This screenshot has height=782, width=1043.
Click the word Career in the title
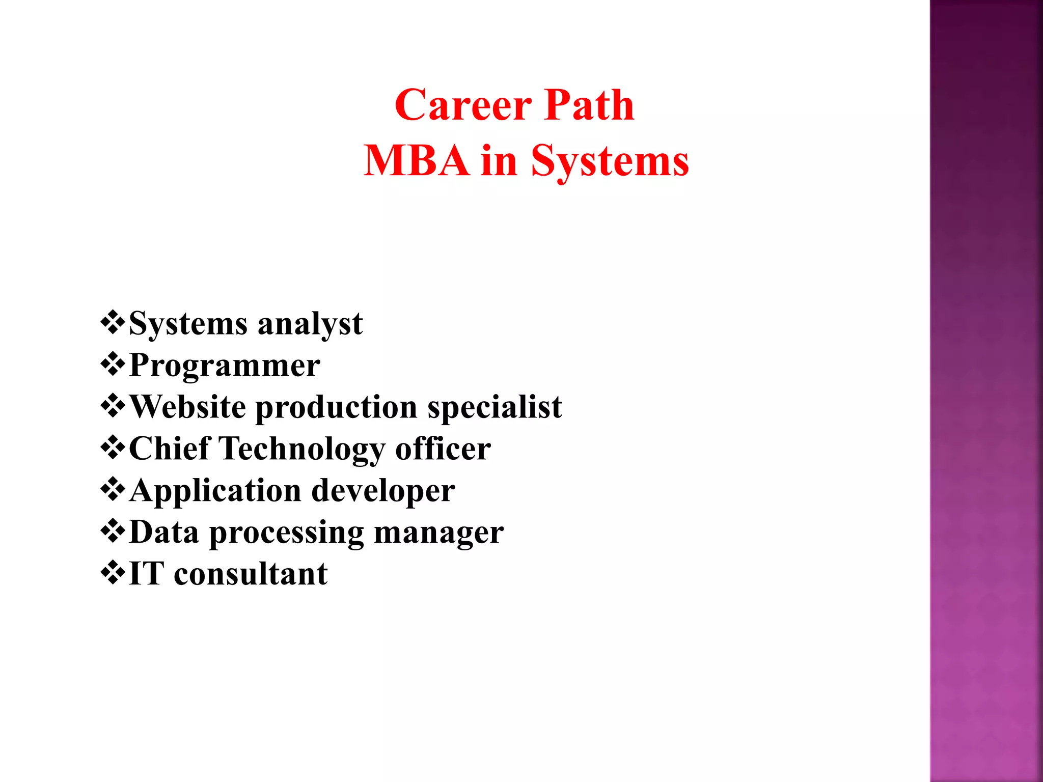click(463, 105)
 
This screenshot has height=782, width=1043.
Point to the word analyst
click(310, 325)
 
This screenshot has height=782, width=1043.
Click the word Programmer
click(225, 366)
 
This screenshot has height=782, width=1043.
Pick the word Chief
click(170, 449)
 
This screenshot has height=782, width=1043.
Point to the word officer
click(443, 449)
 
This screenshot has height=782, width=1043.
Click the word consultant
click(251, 574)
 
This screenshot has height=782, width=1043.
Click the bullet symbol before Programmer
click(113, 364)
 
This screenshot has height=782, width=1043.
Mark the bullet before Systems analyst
click(113, 322)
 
